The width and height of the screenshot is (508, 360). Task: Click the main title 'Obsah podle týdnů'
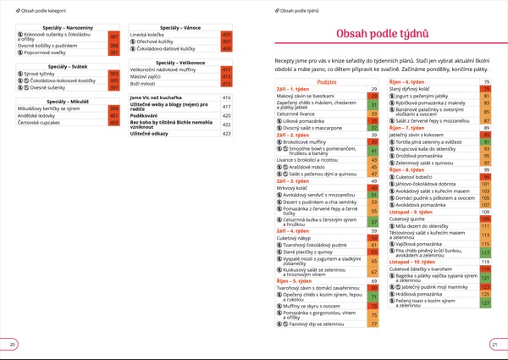(388, 34)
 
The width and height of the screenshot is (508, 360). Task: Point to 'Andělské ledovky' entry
(38, 115)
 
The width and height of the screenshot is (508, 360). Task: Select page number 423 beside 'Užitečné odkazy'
(226, 133)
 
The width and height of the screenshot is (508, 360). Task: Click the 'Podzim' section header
(327, 82)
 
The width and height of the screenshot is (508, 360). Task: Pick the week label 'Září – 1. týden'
(293, 89)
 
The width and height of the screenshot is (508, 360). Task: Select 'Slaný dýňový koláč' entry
(411, 88)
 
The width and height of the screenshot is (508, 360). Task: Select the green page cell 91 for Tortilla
(486, 142)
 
